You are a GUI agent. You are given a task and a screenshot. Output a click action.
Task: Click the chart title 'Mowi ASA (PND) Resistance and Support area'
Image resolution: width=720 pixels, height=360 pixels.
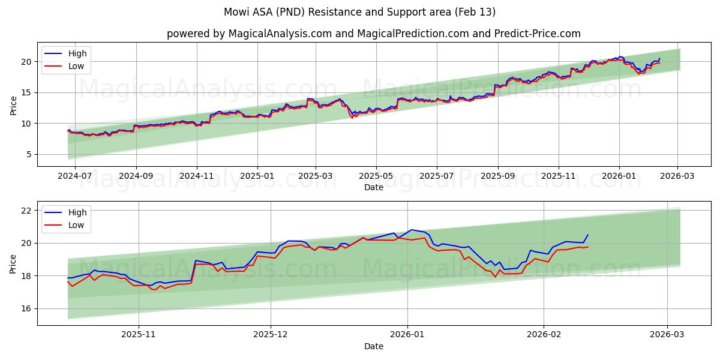[x=360, y=12]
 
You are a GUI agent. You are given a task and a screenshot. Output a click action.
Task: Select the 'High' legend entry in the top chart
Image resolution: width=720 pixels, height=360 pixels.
[x=77, y=53]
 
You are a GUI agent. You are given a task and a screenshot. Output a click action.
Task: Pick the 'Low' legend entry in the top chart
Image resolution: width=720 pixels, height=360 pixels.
[x=76, y=66]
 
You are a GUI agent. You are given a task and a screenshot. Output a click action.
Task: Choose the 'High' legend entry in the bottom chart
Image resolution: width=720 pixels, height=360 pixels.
[x=77, y=212]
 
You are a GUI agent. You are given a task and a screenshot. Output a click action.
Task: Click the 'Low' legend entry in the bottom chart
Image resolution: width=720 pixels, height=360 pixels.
[x=76, y=225]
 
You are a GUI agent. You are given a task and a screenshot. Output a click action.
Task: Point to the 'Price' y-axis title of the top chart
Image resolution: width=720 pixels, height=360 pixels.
[x=13, y=104]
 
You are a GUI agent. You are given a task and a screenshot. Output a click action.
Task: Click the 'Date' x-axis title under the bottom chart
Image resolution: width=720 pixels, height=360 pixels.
[x=373, y=346]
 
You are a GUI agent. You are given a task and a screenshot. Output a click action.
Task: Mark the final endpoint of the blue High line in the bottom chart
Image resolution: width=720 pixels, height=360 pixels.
[x=588, y=235]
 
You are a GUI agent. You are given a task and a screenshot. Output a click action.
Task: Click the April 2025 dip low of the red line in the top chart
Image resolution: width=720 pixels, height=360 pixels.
[x=352, y=118]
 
